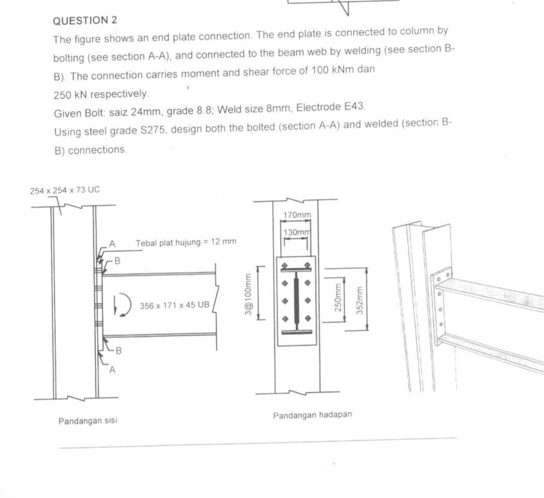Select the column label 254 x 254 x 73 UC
[65, 190]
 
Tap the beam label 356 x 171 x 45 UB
[174, 305]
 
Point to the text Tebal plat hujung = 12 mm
[185, 243]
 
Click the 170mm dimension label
[297, 215]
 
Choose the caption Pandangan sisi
[88, 420]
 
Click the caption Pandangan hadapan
[312, 415]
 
